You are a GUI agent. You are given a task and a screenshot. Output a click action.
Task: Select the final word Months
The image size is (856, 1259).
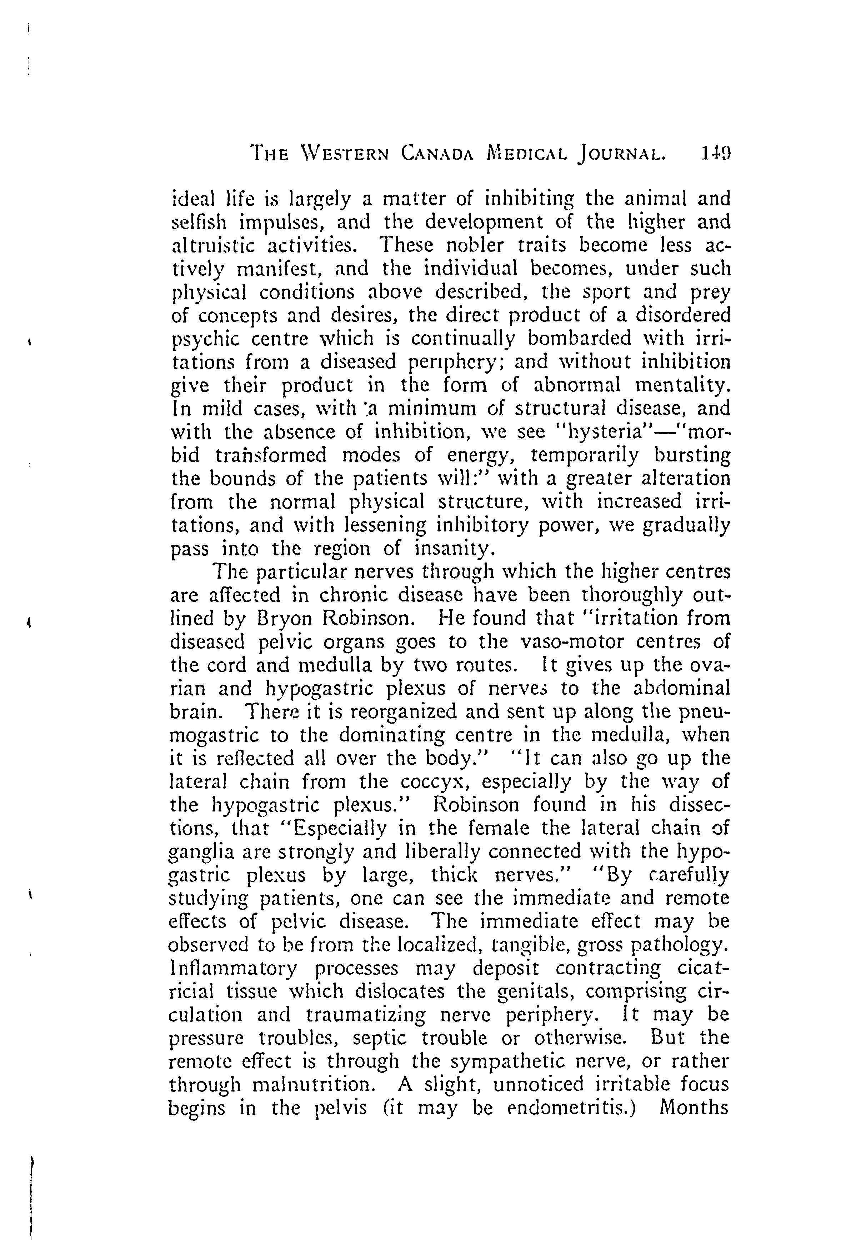694,1108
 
